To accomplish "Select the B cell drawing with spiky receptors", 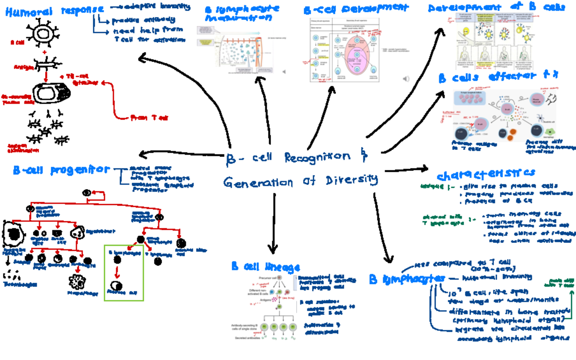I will coord(45,33).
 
